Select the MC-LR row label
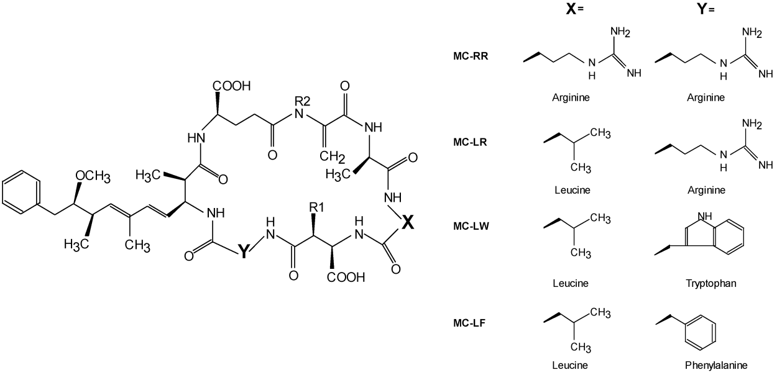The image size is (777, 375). [x=470, y=142]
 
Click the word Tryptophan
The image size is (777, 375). [x=706, y=283]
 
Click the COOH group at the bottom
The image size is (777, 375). [x=346, y=278]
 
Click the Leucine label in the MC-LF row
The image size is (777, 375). [x=570, y=365]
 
